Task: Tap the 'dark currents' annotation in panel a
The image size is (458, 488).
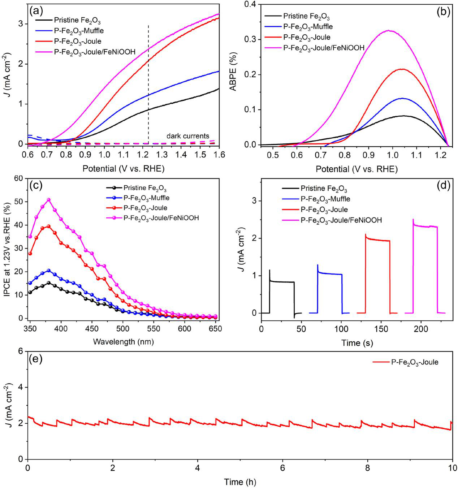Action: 187,136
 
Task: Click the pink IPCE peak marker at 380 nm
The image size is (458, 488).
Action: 48,200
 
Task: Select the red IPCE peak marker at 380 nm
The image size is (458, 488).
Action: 48,226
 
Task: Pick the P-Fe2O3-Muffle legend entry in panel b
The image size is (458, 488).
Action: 308,26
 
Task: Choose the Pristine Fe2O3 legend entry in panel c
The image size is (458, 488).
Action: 144,188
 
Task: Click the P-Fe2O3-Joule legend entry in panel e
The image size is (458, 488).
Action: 415,362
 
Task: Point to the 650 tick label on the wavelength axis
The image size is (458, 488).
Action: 216,329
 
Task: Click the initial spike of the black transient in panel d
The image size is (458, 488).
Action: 269,270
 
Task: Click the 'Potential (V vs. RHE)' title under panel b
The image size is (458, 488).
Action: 357,169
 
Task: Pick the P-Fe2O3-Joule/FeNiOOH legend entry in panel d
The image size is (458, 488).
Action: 341,220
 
